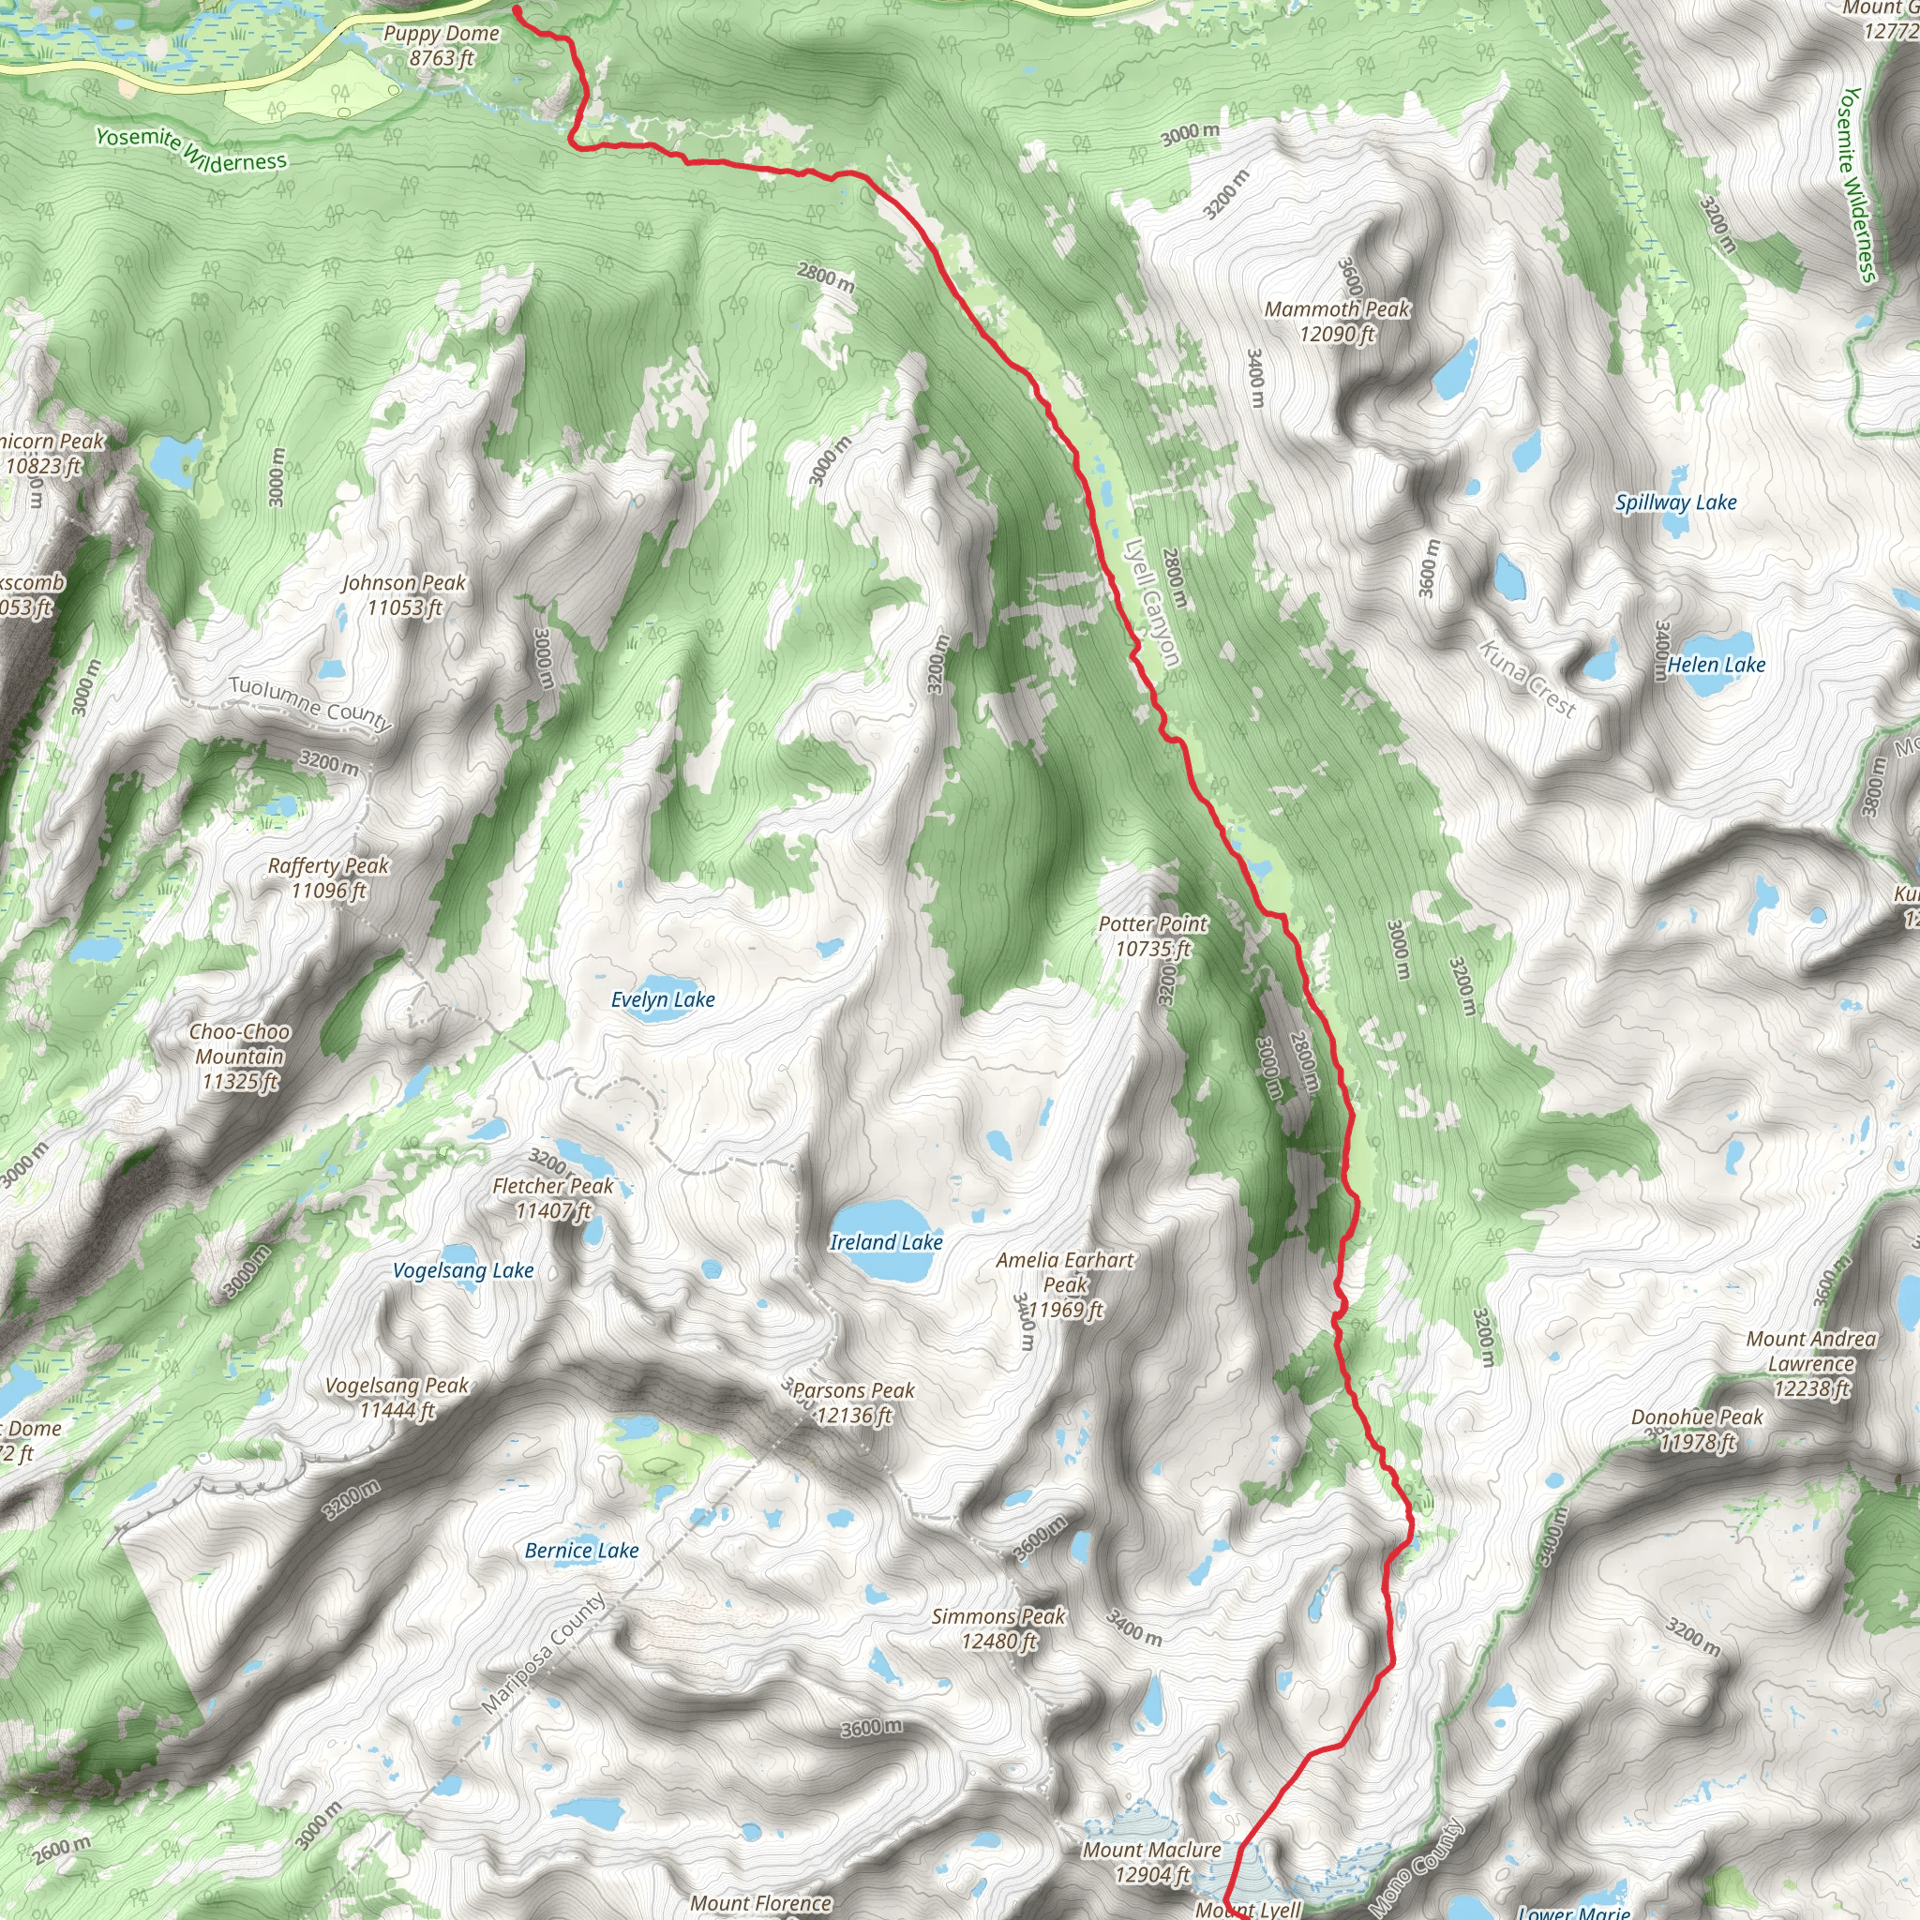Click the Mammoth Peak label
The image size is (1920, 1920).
click(x=1337, y=321)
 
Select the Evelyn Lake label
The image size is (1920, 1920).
click(x=663, y=999)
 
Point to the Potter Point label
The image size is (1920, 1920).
click(x=1153, y=937)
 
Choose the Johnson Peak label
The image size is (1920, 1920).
click(x=403, y=594)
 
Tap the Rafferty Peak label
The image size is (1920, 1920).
click(x=328, y=877)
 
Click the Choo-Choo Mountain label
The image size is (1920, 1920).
click(x=239, y=1057)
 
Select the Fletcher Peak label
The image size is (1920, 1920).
click(x=553, y=1197)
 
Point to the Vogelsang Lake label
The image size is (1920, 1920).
click(x=463, y=1270)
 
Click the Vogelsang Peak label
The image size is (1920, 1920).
click(x=397, y=1397)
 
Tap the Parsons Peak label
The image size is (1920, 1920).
click(x=854, y=1402)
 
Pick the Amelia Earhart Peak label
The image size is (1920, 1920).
click(x=1064, y=1284)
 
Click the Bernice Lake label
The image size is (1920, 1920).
click(x=581, y=1551)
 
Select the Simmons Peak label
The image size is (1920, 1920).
click(x=997, y=1628)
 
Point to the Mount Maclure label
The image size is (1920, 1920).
click(x=1152, y=1861)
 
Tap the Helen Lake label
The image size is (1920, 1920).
click(x=1717, y=665)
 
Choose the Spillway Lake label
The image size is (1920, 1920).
click(x=1675, y=502)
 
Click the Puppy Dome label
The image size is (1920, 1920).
click(x=442, y=46)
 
